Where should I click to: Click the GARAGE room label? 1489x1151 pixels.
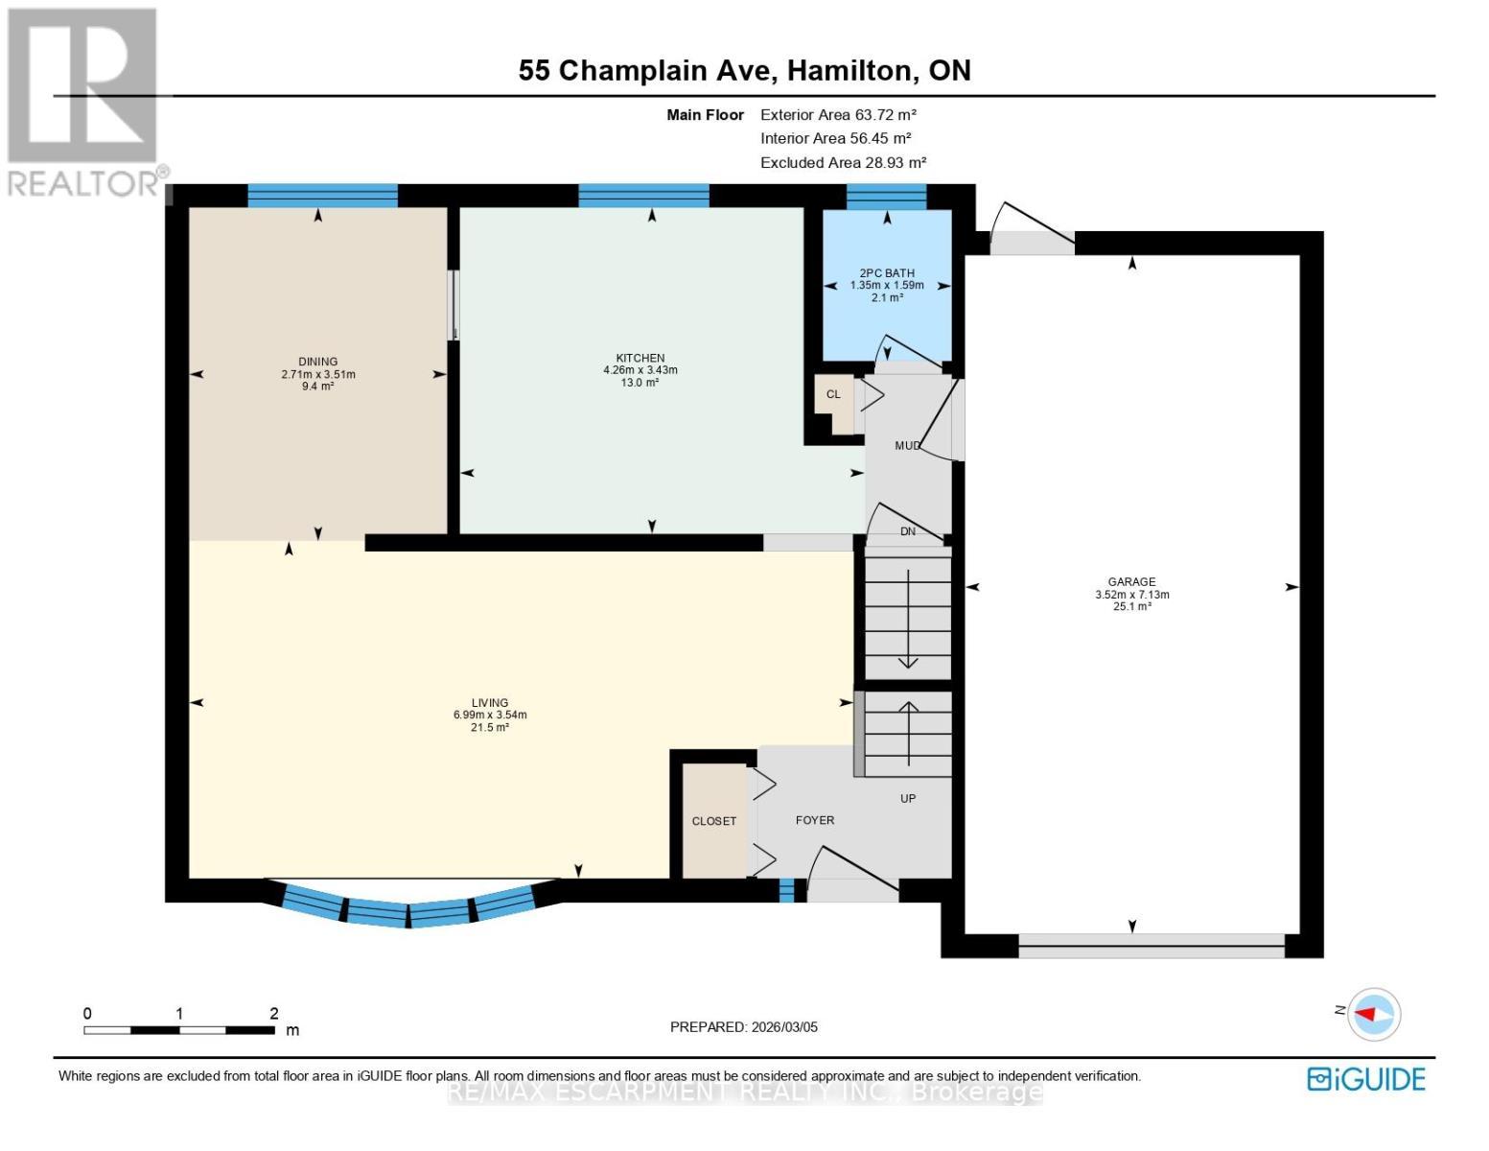point(1131,581)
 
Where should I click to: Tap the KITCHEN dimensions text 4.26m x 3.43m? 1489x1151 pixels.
point(640,370)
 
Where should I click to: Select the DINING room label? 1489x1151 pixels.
point(317,362)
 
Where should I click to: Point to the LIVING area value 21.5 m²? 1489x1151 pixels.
point(489,728)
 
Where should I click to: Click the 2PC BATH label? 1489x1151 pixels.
point(887,272)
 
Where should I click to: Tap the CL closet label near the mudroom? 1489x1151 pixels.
point(833,394)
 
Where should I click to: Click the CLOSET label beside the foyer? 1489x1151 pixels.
point(714,821)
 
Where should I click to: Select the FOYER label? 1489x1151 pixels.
point(815,820)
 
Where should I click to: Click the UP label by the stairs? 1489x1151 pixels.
point(907,798)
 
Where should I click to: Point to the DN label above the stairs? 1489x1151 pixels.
point(907,531)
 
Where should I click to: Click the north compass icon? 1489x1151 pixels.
point(1374,1014)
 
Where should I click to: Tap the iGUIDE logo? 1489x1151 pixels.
point(1366,1079)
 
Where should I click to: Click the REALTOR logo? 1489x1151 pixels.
point(84,101)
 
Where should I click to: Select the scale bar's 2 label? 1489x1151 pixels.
point(274,1013)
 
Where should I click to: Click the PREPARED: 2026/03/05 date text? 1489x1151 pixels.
point(743,1026)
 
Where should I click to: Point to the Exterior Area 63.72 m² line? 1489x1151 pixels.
point(838,114)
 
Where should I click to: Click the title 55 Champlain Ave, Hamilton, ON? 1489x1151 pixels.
point(744,70)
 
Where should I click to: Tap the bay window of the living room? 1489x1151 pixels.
point(409,906)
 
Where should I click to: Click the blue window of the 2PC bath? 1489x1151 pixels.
point(887,197)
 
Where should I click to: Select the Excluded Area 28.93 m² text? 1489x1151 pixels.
point(843,162)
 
